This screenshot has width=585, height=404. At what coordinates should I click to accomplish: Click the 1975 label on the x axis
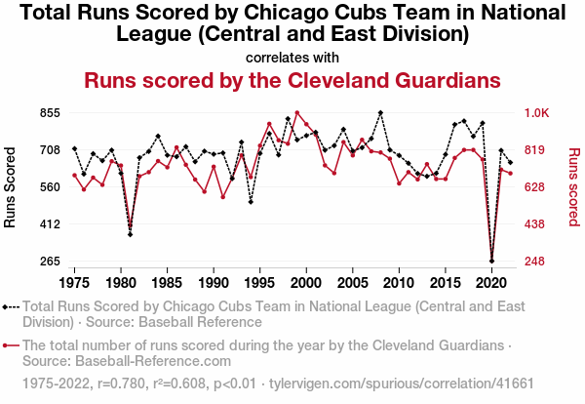point(74,282)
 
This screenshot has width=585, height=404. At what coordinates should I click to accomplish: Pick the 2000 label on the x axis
point(306,282)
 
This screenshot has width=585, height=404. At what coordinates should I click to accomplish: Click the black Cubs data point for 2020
point(491,261)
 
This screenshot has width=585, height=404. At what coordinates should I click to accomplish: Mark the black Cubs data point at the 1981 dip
point(130,234)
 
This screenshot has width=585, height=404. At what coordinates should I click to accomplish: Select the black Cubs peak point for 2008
point(380,113)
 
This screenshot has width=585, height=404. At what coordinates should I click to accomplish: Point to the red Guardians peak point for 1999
point(296,113)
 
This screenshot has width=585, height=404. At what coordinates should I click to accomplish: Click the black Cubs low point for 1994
point(251,202)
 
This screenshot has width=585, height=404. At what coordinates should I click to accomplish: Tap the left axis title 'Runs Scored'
point(12,187)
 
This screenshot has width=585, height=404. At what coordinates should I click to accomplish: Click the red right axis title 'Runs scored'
point(573,187)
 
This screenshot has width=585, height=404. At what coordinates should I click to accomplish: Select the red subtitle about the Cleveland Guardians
point(292,80)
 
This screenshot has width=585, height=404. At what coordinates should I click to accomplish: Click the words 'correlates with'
point(292,56)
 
